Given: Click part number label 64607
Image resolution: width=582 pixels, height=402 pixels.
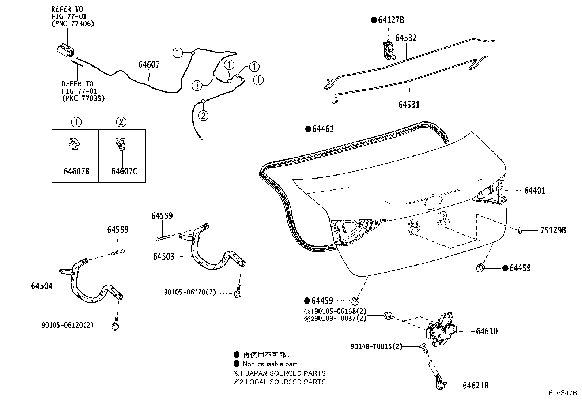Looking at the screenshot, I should (x=149, y=65).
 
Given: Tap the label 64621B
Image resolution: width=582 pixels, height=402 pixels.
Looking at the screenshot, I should (x=476, y=386).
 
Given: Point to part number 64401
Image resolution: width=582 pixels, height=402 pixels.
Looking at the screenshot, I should (x=534, y=191).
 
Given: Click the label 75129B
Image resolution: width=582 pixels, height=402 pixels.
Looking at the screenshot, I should (x=553, y=230).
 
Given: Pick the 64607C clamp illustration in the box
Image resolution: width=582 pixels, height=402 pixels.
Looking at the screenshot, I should (x=121, y=143).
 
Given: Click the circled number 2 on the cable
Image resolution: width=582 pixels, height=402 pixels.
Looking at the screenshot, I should (x=203, y=116).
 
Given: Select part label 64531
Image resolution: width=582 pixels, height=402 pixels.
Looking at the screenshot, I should (x=409, y=105).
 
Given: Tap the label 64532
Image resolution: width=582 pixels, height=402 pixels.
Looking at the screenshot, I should (x=406, y=38).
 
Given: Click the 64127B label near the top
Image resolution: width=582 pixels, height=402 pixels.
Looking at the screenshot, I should (x=391, y=20).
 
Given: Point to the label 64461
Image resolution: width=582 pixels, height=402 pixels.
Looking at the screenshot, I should (x=323, y=129).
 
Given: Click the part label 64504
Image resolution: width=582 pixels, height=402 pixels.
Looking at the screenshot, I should (x=42, y=286).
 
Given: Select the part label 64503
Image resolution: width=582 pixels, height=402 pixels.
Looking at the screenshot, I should (x=163, y=257).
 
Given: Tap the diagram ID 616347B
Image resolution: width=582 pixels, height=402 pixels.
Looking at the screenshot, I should (x=563, y=394).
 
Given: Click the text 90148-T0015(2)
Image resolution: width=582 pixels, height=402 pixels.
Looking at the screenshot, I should (x=376, y=346).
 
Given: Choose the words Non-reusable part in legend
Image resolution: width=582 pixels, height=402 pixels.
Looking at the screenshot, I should (x=270, y=364).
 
